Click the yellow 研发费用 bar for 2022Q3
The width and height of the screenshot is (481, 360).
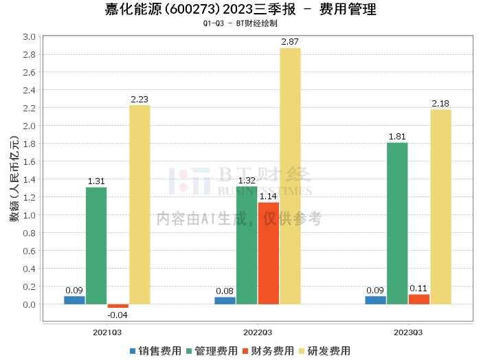(x=290, y=176)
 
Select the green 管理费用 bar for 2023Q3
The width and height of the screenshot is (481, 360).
(x=397, y=223)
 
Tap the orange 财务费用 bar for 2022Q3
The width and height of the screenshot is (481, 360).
(x=269, y=253)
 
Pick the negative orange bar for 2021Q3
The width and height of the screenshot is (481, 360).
(x=118, y=306)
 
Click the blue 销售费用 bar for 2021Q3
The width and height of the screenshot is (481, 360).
(x=74, y=300)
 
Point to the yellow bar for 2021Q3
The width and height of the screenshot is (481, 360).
(x=139, y=204)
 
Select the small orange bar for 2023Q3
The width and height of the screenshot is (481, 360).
(x=419, y=299)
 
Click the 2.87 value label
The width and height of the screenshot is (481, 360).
(x=290, y=42)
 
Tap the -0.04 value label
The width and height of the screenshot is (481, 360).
(x=118, y=315)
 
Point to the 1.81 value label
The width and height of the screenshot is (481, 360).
(x=397, y=137)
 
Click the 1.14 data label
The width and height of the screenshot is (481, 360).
(x=269, y=196)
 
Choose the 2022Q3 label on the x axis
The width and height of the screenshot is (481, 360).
(x=258, y=332)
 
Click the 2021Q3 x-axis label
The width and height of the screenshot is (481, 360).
(x=107, y=332)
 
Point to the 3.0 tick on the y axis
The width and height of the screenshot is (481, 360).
(x=29, y=36)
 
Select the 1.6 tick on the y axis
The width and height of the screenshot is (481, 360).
(x=29, y=161)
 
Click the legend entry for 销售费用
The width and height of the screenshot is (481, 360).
(x=155, y=350)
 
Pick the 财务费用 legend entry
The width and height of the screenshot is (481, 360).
(x=268, y=350)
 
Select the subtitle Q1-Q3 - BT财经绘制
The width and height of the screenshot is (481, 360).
(x=240, y=23)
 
